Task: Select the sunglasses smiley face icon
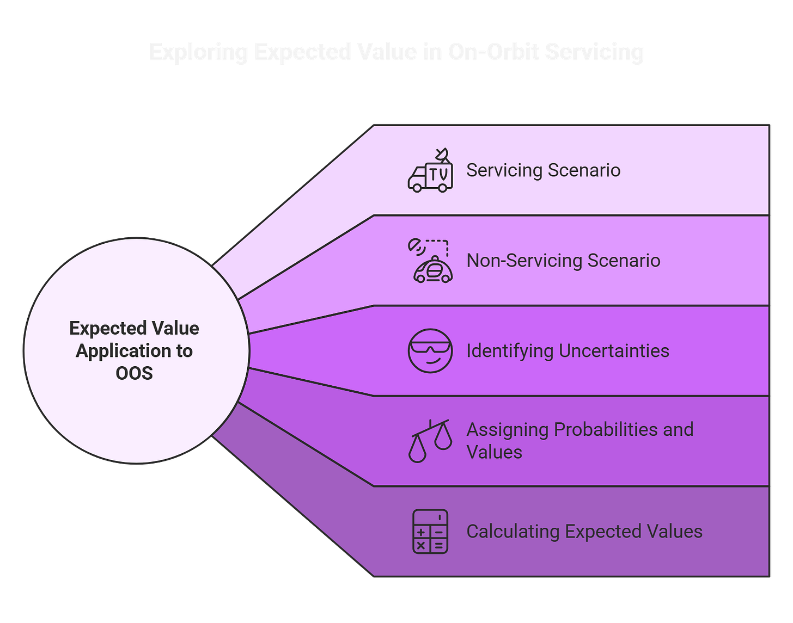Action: pos(430,351)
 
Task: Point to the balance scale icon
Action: pos(430,441)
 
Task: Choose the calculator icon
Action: pos(430,532)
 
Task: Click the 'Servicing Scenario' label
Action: pos(543,170)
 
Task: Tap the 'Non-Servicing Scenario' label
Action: pos(563,261)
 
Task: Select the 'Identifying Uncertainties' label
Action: pos(568,351)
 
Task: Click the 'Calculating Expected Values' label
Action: pos(584,532)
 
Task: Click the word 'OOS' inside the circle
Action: pos(134,373)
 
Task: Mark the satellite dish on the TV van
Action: pos(442,155)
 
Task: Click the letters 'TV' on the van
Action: pos(439,175)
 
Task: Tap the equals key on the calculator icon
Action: pos(439,545)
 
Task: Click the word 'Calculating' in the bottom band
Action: pos(513,532)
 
